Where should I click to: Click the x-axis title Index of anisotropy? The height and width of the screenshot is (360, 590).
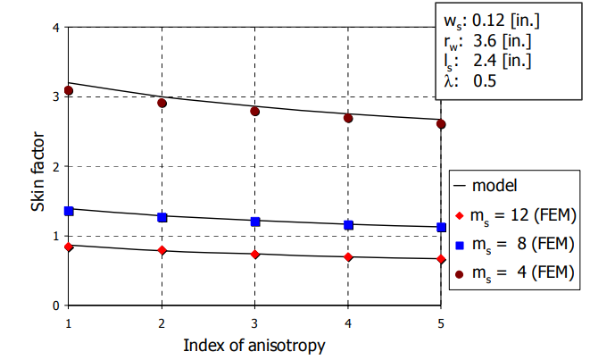click(253, 344)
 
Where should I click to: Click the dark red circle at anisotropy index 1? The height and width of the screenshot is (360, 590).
click(68, 91)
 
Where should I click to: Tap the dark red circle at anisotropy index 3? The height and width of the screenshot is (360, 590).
click(254, 111)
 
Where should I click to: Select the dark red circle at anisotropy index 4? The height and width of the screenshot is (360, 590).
click(348, 118)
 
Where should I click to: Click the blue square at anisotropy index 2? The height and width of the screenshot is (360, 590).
click(162, 217)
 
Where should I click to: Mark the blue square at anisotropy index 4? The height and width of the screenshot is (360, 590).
click(348, 225)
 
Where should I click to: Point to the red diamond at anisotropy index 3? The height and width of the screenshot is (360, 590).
click(254, 255)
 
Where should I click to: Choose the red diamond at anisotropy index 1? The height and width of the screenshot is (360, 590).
click(68, 247)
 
